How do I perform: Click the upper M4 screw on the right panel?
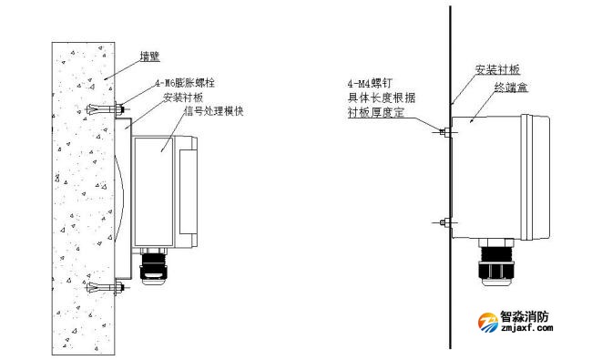(443, 132)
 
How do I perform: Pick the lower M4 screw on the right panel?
(443, 221)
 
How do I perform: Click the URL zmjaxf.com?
(526, 334)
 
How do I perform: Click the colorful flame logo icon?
(485, 324)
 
